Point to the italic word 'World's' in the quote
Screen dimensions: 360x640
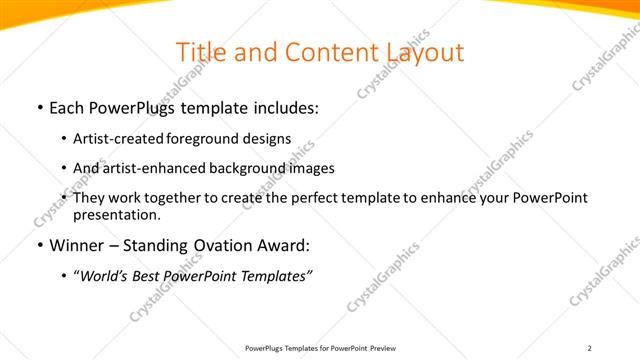105,276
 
